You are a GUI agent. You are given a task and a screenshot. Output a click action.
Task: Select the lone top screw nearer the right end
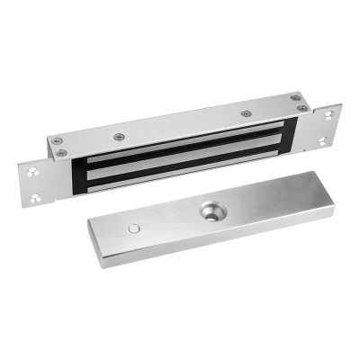coord(245,114)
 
